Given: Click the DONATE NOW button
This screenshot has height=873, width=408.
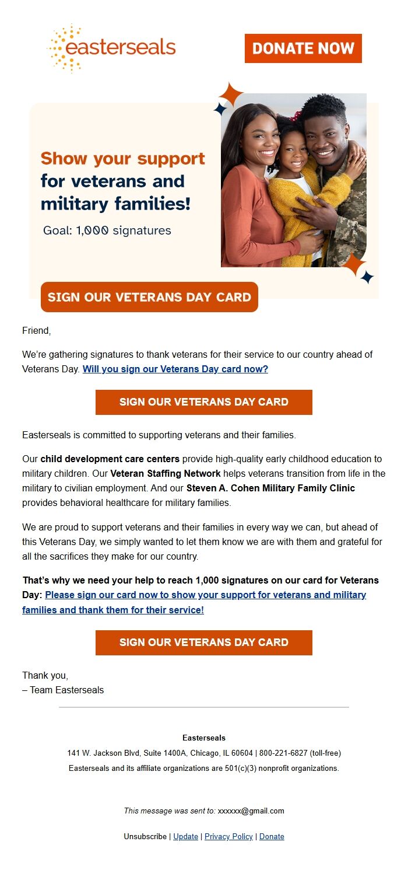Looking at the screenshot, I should (x=303, y=48).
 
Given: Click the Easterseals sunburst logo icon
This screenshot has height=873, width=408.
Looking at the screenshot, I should (x=63, y=48).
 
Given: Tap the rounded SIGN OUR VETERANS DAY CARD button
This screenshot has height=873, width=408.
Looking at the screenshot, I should (x=149, y=297).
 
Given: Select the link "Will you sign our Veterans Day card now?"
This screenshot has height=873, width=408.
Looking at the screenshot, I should (x=175, y=369).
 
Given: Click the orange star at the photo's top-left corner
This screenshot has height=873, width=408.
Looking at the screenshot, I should (x=231, y=94).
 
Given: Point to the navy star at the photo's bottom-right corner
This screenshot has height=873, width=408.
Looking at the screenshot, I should (x=367, y=278).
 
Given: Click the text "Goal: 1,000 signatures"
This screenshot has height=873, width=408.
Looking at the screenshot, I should (x=107, y=231).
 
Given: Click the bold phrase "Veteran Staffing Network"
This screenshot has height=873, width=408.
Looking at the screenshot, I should (x=166, y=473).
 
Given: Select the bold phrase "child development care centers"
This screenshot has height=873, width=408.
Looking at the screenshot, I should (x=110, y=459).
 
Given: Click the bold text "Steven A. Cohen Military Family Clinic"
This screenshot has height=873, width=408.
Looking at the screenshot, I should (x=270, y=488).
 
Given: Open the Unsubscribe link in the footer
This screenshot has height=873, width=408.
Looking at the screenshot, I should (x=145, y=836).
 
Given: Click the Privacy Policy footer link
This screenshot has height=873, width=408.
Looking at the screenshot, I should (x=228, y=836).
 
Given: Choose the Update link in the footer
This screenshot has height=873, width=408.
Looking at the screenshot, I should (x=186, y=836).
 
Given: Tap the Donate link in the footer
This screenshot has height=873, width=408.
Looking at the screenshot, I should (x=272, y=836).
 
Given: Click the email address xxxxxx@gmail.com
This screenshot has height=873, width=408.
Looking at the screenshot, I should (x=251, y=811).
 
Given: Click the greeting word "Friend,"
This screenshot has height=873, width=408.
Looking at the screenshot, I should (x=37, y=331).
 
